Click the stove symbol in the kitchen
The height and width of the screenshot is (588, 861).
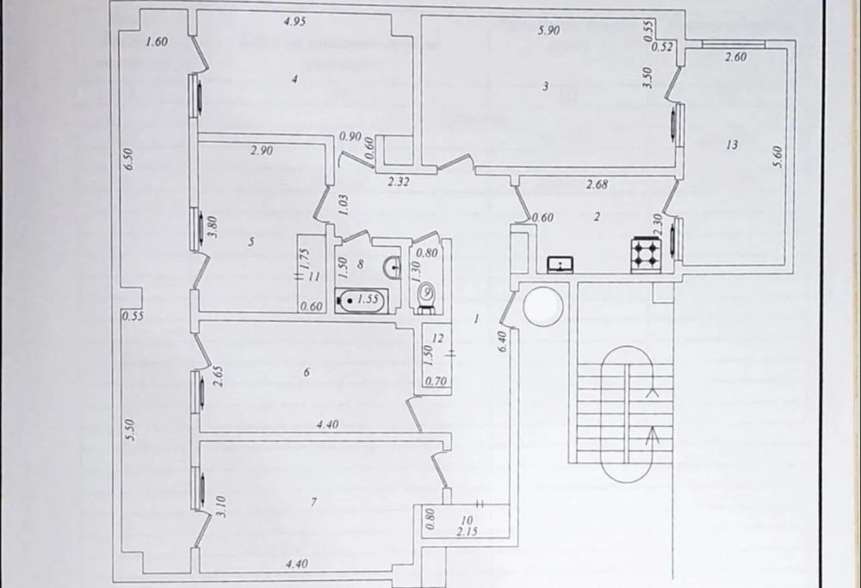tap(643, 251)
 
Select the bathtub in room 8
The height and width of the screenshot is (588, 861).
tap(362, 300)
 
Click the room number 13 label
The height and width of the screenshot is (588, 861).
tap(731, 145)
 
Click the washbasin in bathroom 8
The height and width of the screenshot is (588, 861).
tap(393, 267)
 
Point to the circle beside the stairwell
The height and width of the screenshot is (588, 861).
tap(543, 306)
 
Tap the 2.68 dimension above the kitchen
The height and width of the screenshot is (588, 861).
tap(598, 183)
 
